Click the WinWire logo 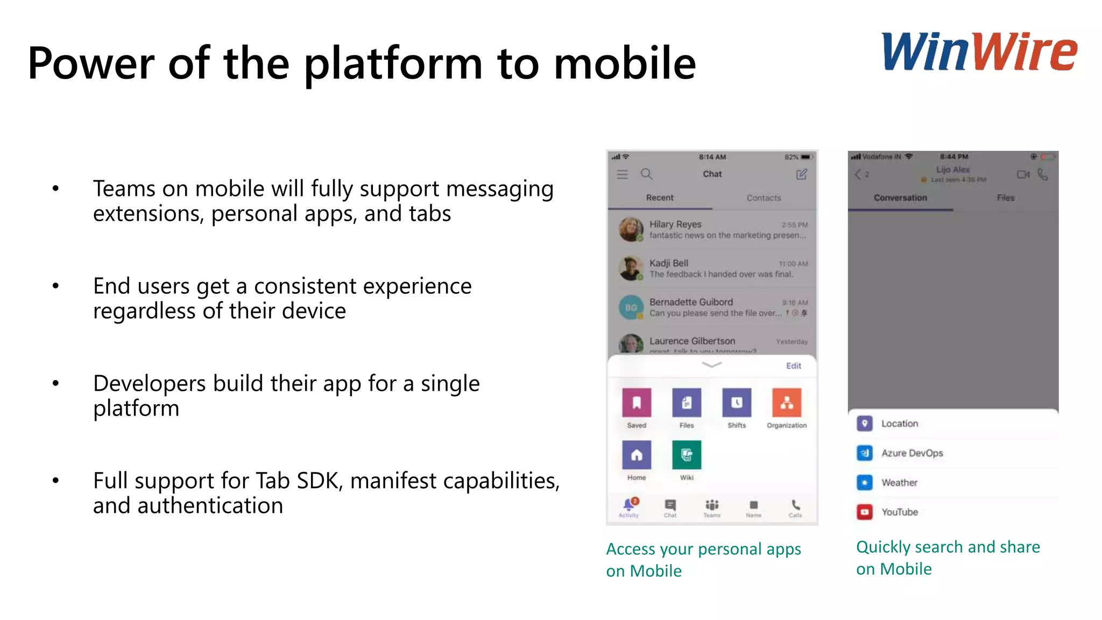979,52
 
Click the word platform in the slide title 393,64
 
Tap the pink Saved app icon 637,403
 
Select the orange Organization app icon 786,403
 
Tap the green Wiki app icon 687,455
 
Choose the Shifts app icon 737,403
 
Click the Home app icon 637,455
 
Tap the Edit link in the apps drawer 793,366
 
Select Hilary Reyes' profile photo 631,229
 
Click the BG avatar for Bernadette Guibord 631,307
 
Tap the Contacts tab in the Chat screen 764,198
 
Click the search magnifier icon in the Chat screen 646,174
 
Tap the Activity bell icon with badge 628,505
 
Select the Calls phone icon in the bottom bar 795,505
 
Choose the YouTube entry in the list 899,512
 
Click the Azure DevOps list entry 912,453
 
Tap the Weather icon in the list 864,482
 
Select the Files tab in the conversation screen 1005,198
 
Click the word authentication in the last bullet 210,506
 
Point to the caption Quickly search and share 948,547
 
